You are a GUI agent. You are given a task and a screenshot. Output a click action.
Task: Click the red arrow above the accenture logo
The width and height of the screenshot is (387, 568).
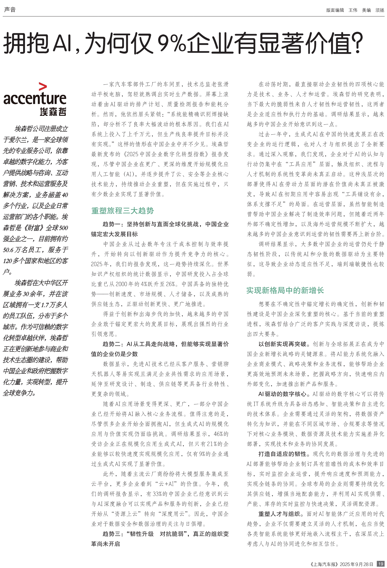pyautogui.click(x=43, y=87)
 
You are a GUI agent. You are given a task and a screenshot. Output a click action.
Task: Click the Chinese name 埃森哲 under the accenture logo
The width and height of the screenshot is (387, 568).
pyautogui.click(x=53, y=112)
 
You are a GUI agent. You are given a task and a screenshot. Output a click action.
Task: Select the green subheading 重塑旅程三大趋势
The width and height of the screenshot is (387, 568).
pyautogui.click(x=122, y=211)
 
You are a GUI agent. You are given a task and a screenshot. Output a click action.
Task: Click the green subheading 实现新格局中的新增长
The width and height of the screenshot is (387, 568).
pyautogui.click(x=285, y=290)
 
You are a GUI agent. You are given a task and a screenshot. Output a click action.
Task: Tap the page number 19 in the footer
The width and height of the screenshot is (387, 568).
pyautogui.click(x=380, y=564)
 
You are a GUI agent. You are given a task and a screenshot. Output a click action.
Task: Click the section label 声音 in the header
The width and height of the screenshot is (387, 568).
pyautogui.click(x=10, y=10)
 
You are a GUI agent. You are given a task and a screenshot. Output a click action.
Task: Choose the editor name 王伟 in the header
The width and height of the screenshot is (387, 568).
pyautogui.click(x=353, y=10)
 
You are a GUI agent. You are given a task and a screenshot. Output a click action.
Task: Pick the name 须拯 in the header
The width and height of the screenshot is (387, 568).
pyautogui.click(x=380, y=10)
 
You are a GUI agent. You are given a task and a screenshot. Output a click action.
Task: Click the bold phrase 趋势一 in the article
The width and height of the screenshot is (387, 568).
pyautogui.click(x=112, y=224)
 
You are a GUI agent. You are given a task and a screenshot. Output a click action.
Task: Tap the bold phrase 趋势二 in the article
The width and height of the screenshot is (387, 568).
pyautogui.click(x=112, y=344)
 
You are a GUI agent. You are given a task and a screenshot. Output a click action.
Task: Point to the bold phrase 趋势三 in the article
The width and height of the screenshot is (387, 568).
pyautogui.click(x=112, y=534)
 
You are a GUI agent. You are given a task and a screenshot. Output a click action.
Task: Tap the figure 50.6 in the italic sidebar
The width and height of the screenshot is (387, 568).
pyautogui.click(x=8, y=250)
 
